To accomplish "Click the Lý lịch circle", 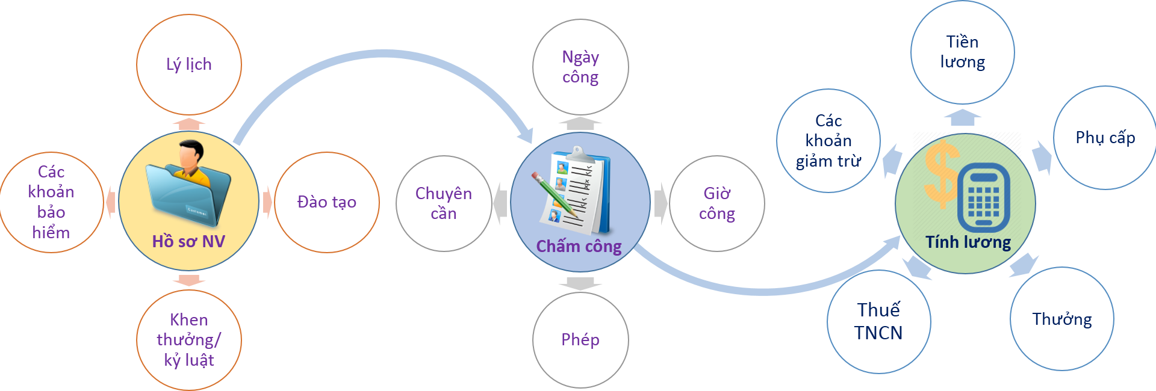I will tap(189, 64).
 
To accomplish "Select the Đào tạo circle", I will tap(327, 202).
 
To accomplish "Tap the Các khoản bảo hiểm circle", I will tap(51, 202).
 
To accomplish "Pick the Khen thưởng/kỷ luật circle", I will tap(189, 340).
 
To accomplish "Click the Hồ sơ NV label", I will tap(188, 242).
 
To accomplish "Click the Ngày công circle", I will tap(580, 67).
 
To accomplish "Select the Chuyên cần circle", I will tap(444, 203).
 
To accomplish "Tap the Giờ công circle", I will tap(717, 203).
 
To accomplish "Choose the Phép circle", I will tap(580, 340).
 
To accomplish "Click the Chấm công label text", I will tap(579, 247).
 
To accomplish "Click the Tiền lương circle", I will tap(962, 52).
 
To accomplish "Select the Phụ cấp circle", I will tap(1105, 138).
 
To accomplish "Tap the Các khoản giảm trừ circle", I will tap(828, 141).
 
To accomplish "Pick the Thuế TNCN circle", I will tap(878, 321).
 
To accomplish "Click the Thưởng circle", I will tap(1062, 319).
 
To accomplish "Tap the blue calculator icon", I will tap(983, 197).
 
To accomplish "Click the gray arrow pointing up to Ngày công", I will tap(580, 124).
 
